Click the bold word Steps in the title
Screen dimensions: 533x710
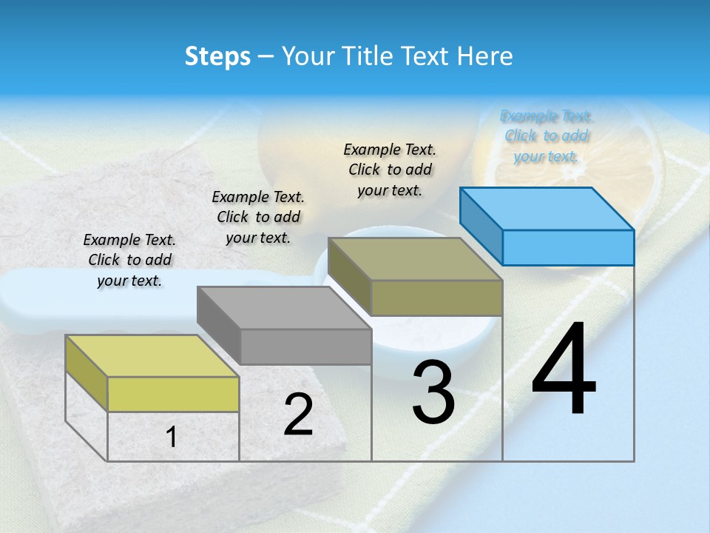click(217, 56)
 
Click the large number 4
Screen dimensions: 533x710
click(564, 370)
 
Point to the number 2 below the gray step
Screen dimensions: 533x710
click(298, 415)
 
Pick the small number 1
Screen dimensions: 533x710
click(172, 438)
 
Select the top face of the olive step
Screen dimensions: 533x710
click(415, 258)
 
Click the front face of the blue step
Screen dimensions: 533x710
click(568, 247)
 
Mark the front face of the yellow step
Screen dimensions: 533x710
click(173, 394)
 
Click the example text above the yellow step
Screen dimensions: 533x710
click(129, 260)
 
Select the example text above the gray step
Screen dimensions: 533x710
click(258, 217)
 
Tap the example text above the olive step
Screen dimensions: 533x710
click(390, 170)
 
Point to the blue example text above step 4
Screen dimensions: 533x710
click(547, 136)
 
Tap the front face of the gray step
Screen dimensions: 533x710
click(305, 346)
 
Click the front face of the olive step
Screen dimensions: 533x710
click(436, 298)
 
